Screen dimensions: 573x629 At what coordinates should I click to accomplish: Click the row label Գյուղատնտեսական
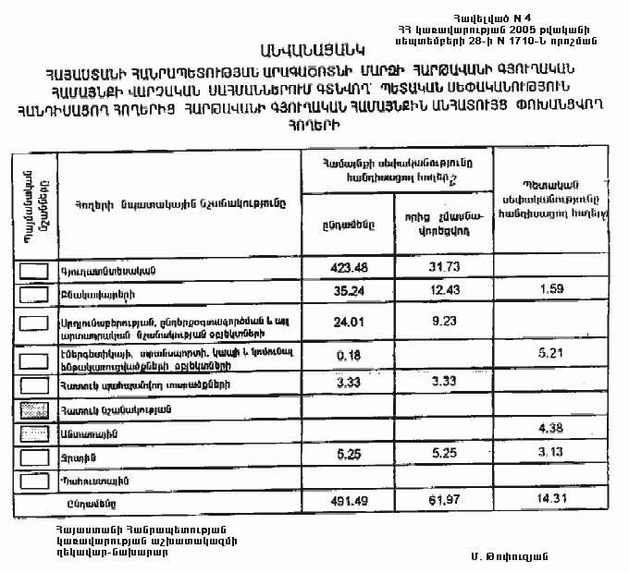coord(105,271)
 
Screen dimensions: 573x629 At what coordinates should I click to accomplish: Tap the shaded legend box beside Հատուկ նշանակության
coord(33,408)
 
